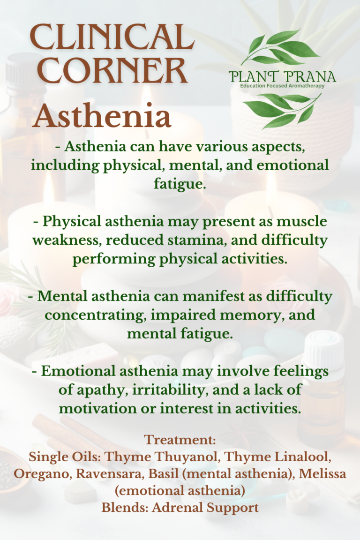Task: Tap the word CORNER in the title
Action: tap(108, 71)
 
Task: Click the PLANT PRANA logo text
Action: tap(283, 76)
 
